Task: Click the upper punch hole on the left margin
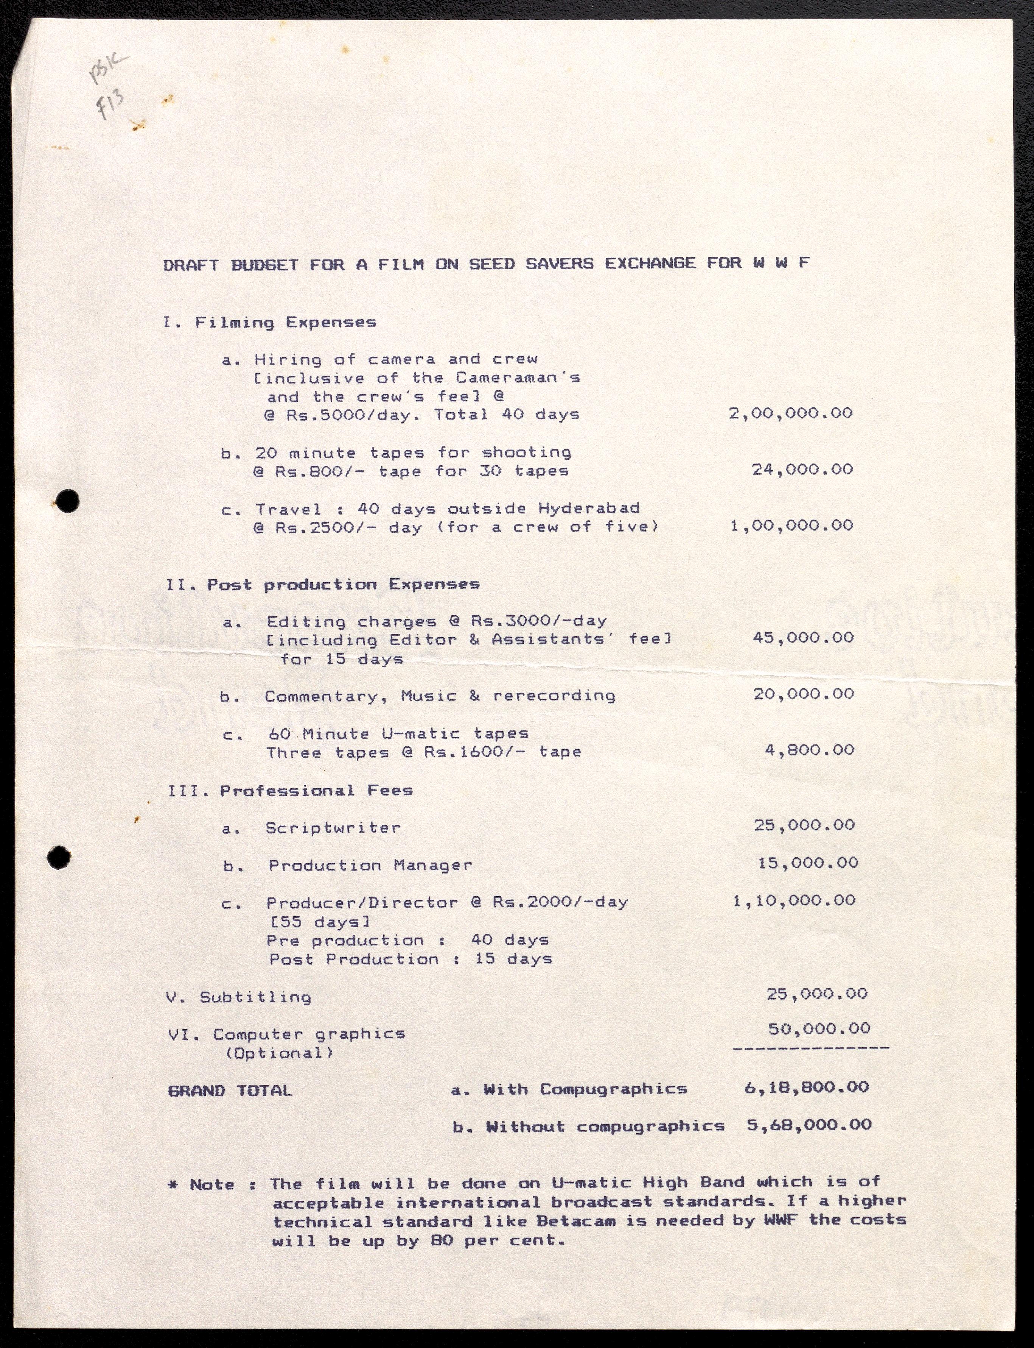click(70, 500)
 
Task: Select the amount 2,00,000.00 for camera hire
click(791, 413)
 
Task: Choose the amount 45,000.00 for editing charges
click(803, 637)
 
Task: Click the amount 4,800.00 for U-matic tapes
click(809, 750)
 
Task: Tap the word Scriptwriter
click(333, 828)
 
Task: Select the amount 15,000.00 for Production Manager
click(807, 863)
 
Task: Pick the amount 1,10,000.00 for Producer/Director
click(794, 901)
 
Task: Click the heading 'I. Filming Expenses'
click(270, 323)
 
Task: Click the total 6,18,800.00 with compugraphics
click(806, 1087)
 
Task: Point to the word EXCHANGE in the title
click(651, 264)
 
